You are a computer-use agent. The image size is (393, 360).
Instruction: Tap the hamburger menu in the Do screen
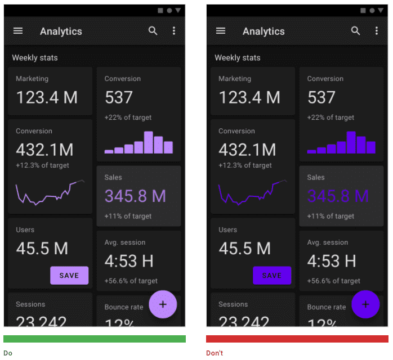point(18,31)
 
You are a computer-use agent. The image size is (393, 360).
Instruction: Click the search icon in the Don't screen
point(355,31)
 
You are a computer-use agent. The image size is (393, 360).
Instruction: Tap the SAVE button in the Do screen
point(69,276)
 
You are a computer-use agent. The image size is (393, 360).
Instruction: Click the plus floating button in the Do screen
point(163,304)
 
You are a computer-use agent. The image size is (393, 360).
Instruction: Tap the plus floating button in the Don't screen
point(365,304)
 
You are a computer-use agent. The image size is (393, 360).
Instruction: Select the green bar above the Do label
point(95,339)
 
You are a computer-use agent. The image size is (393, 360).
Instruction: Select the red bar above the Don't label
point(297,339)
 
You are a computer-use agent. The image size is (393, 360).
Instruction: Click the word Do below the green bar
point(8,353)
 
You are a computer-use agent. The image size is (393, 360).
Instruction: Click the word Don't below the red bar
point(215,353)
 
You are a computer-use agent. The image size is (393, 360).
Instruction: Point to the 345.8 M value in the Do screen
point(135,196)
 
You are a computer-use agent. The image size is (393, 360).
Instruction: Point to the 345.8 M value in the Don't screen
point(338,196)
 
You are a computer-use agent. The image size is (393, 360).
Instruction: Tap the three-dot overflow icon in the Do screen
point(174,31)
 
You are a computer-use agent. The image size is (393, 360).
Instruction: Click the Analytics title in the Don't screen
point(264,31)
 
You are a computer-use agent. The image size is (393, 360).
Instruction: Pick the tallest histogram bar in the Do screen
point(149,142)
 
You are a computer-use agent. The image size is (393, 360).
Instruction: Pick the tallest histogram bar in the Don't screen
point(351,142)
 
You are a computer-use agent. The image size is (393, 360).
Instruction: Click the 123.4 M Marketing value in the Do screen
point(47,97)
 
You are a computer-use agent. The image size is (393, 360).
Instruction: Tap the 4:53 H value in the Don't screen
point(332,261)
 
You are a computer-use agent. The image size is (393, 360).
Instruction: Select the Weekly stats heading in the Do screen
point(35,57)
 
